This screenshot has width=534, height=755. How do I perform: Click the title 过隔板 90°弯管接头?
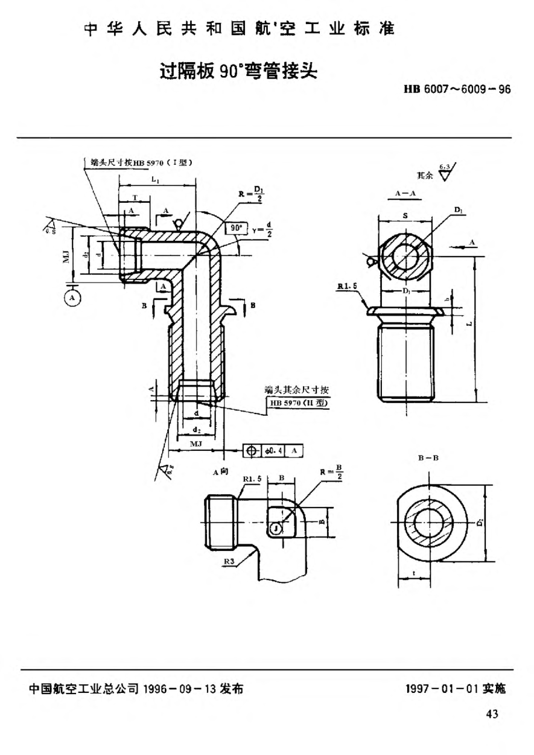238,71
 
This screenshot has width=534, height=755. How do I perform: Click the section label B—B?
427,459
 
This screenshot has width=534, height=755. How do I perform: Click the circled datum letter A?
73,298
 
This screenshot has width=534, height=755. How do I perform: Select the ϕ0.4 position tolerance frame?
273,450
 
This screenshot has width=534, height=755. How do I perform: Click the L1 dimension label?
156,180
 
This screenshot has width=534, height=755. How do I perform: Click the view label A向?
220,473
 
